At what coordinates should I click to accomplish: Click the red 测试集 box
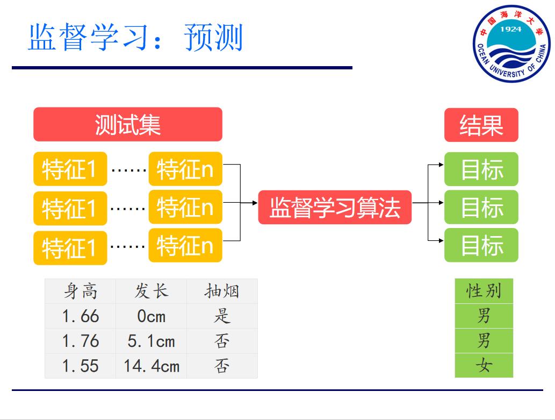coord(127,124)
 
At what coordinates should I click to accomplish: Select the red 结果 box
coord(481,125)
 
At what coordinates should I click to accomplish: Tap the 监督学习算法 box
coord(334,207)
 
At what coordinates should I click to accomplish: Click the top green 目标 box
coord(481,169)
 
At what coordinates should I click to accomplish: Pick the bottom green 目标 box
coord(481,245)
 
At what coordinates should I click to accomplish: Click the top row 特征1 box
coord(70,169)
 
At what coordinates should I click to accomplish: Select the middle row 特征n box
coord(185,207)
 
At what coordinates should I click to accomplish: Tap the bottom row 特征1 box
coord(70,248)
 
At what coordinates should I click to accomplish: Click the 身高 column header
coord(80,291)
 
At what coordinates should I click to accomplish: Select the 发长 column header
coord(151,291)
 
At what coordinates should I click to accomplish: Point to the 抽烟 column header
coord(221,291)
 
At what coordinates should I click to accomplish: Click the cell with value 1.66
coord(80,316)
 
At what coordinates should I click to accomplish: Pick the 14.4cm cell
coord(151,366)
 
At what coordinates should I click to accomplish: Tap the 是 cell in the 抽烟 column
coord(221,316)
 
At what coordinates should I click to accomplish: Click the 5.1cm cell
coord(151,341)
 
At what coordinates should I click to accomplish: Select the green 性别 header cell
coord(484,291)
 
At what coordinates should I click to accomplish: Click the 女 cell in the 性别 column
coord(484,366)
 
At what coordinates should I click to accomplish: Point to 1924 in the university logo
coord(510,29)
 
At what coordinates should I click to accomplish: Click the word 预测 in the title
coord(214,38)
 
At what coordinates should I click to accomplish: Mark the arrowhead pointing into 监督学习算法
coord(255,203)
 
